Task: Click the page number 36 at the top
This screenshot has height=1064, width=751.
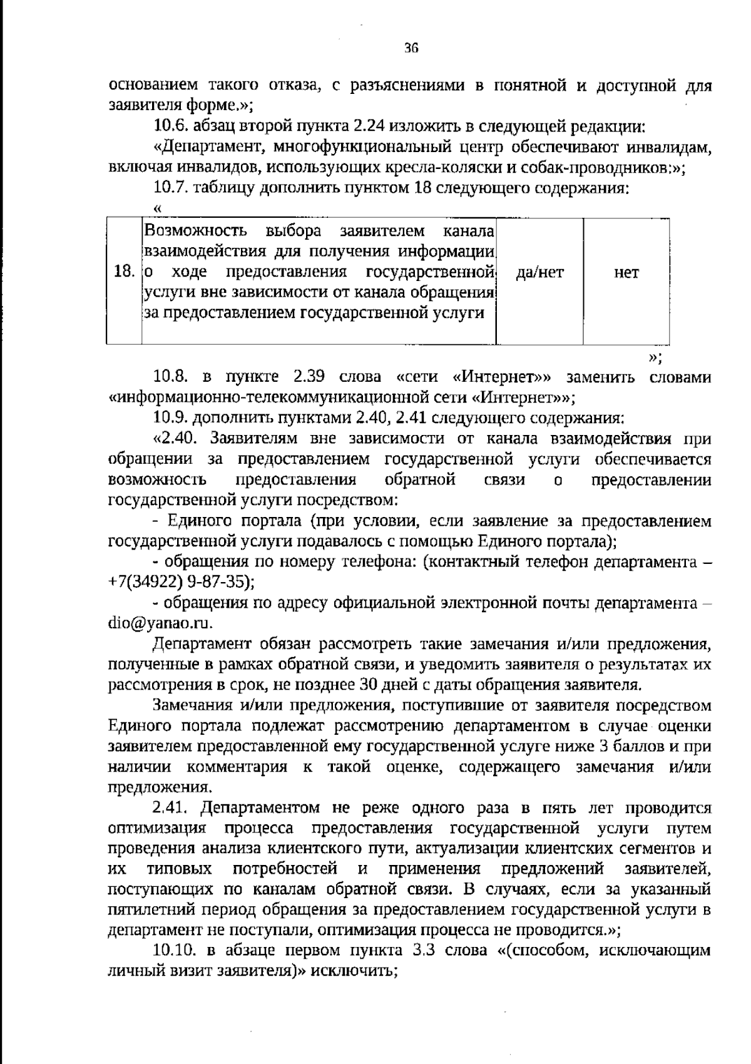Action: (x=411, y=48)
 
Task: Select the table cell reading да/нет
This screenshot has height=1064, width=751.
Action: (x=539, y=272)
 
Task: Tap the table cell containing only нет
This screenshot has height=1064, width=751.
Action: (x=626, y=272)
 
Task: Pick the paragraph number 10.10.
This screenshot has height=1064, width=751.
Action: (x=175, y=951)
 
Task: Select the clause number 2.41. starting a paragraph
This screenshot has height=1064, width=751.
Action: (x=171, y=808)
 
